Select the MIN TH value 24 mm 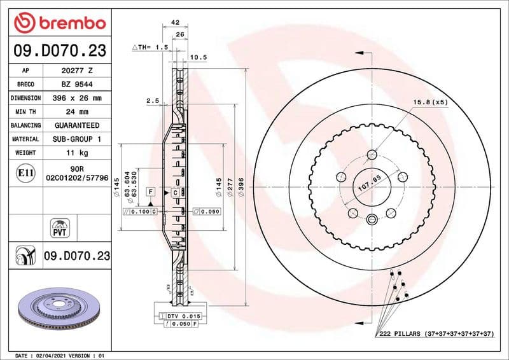click(x=77, y=112)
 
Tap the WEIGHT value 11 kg click(x=77, y=153)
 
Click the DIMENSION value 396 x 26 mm click(x=77, y=98)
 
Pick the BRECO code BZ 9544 click(x=77, y=84)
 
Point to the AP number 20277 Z click(x=77, y=71)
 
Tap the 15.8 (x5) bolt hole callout click(x=430, y=102)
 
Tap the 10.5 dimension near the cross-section click(x=199, y=57)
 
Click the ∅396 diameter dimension click(x=241, y=188)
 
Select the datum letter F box click(x=151, y=191)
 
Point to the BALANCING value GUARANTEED click(x=77, y=125)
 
